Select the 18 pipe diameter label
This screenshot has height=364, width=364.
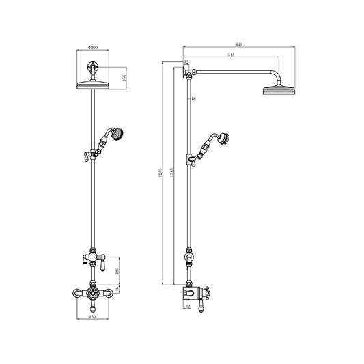(194, 100)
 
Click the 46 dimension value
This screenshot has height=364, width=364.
(118, 291)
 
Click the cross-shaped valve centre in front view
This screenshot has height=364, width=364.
(92, 294)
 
